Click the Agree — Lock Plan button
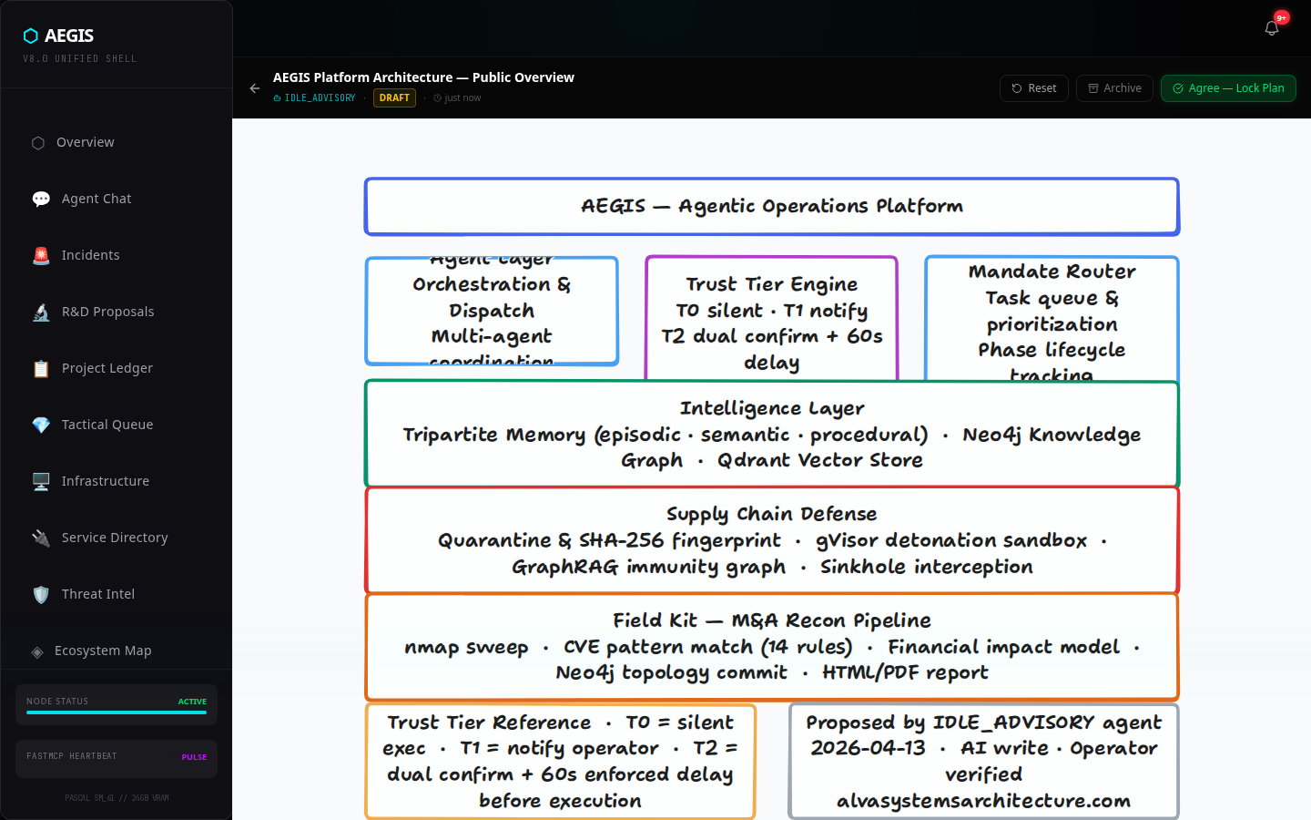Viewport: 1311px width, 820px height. (1228, 88)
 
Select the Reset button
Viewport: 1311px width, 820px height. (1034, 88)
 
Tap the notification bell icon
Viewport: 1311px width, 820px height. (1272, 28)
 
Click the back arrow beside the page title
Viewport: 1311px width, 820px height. (255, 88)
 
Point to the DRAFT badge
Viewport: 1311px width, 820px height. (394, 97)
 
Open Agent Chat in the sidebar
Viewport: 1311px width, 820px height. (96, 199)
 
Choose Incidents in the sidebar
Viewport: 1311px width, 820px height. (90, 255)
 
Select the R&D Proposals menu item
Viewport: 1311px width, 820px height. (107, 312)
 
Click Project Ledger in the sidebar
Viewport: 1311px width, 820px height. (107, 368)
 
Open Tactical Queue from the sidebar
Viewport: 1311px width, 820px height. (107, 425)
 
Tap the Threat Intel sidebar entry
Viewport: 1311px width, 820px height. (97, 594)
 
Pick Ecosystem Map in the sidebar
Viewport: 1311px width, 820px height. (102, 651)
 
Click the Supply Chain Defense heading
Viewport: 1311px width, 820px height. (771, 514)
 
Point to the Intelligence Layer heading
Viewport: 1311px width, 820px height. (771, 408)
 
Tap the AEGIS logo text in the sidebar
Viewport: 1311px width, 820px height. (68, 36)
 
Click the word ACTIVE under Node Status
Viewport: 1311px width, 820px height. (192, 702)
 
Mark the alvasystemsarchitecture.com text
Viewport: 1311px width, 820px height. (983, 801)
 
